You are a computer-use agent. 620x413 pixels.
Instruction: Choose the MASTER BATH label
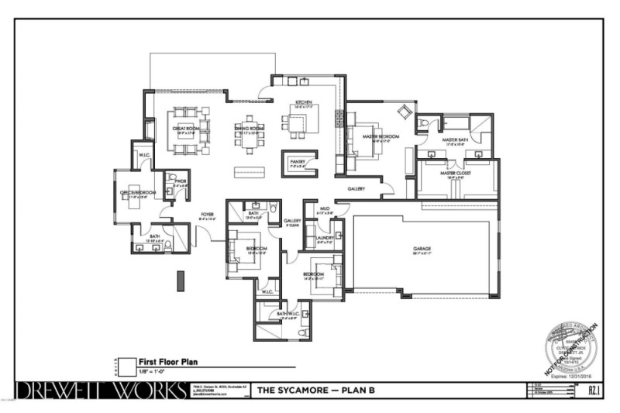453,140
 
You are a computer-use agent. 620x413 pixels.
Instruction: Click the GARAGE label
422,249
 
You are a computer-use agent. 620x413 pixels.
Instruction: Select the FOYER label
207,215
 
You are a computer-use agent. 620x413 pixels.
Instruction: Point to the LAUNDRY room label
325,239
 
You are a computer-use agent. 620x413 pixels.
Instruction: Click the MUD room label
325,210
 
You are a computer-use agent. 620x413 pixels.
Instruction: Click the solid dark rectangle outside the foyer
181,280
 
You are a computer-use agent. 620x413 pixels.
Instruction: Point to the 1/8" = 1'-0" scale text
156,372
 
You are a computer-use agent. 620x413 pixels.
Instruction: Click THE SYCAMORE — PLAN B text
315,390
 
